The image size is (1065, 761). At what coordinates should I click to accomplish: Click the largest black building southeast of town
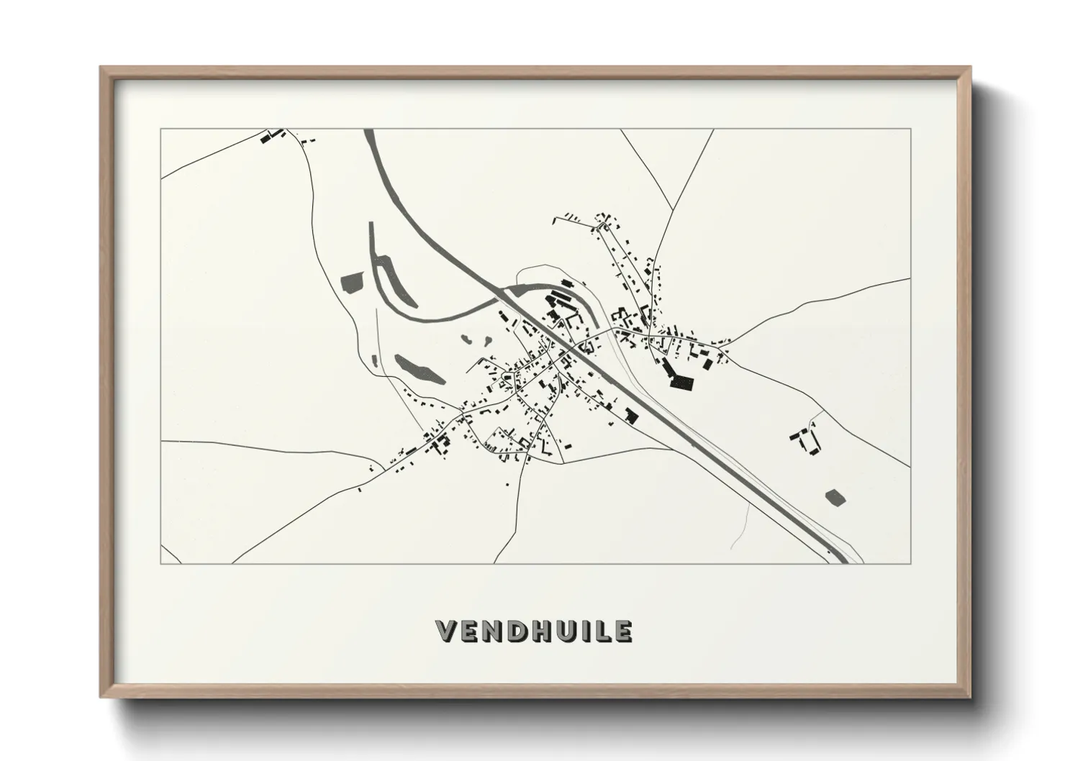click(x=679, y=378)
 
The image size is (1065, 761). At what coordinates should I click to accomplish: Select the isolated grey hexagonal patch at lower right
click(x=835, y=497)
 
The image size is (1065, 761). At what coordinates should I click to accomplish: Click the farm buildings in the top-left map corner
click(x=272, y=136)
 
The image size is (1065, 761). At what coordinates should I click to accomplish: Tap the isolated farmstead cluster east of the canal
click(x=806, y=439)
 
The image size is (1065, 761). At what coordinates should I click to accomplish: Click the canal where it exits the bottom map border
click(x=838, y=561)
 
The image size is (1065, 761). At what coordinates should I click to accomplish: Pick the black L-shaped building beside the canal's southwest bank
click(x=632, y=416)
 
